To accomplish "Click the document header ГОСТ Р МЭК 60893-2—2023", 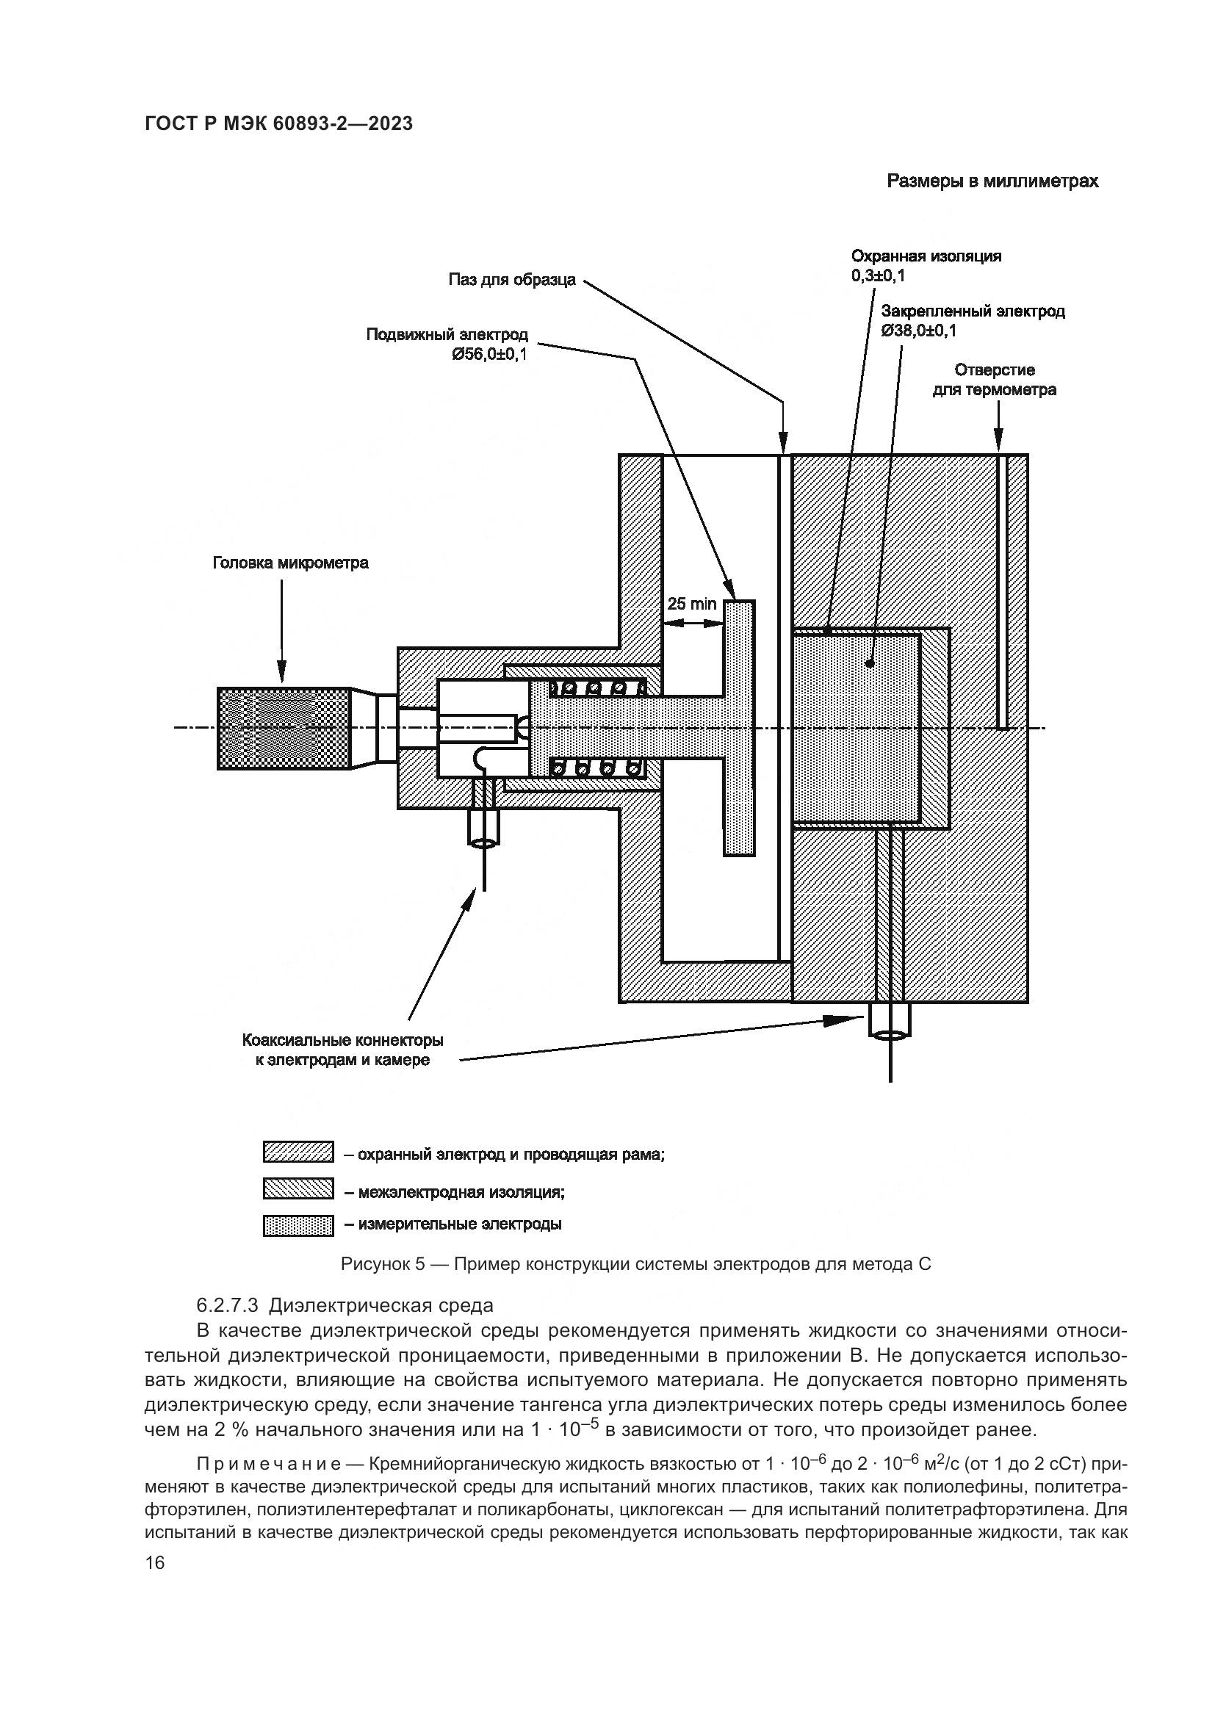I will tap(278, 124).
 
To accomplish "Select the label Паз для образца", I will tap(512, 280).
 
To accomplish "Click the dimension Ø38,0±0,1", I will tap(918, 331).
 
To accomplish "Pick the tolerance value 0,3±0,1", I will tap(878, 276).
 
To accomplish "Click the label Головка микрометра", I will tap(290, 563).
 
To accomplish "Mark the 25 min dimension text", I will tap(691, 604).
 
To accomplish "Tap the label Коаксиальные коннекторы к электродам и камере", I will tap(342, 1050).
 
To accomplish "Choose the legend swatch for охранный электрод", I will tap(298, 1152).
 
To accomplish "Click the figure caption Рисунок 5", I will tap(635, 1264).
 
